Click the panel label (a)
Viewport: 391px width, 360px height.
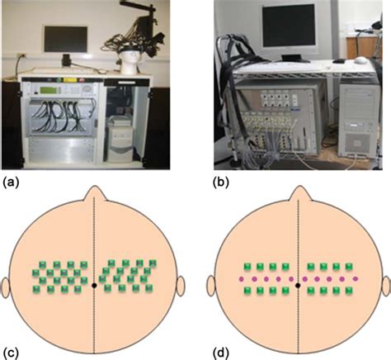11,182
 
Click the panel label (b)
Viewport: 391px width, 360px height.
221,182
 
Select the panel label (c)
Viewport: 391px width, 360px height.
11,353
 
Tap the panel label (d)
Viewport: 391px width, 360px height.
221,353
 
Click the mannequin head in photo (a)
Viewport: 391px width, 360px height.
130,63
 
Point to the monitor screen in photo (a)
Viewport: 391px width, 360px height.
66,39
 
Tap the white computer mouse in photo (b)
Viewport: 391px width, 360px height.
360,59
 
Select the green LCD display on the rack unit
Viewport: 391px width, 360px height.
48,90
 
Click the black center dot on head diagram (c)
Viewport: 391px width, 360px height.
94,286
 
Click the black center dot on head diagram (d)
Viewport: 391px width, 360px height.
298,286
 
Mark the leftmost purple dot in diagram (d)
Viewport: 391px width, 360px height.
242,279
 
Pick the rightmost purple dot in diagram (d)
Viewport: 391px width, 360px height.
356,279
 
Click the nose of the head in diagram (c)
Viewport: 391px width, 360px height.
94,193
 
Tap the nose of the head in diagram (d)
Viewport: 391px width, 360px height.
299,193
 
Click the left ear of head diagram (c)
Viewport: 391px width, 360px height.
6,287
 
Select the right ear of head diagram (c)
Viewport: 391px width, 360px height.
181,287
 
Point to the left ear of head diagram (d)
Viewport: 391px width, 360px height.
211,287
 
